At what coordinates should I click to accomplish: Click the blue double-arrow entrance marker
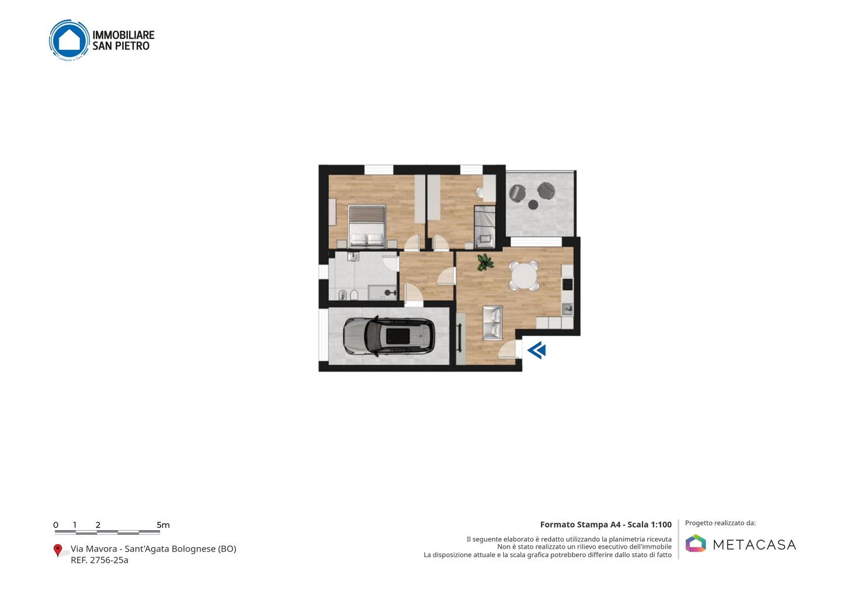pyautogui.click(x=537, y=351)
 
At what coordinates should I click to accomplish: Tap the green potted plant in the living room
pyautogui.click(x=485, y=262)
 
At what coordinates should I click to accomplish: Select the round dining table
pyautogui.click(x=524, y=276)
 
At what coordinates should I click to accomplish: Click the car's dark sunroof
pyautogui.click(x=398, y=336)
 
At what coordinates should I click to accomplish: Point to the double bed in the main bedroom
pyautogui.click(x=367, y=226)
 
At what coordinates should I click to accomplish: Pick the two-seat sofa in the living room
pyautogui.click(x=493, y=323)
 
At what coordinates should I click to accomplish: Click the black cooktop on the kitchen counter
pyautogui.click(x=567, y=284)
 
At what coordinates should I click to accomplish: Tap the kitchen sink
pyautogui.click(x=567, y=309)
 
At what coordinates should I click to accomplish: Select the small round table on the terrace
pyautogui.click(x=533, y=205)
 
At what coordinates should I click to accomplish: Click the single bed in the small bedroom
pyautogui.click(x=485, y=227)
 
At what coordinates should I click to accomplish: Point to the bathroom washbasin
pyautogui.click(x=353, y=256)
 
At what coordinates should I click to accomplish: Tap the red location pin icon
pyautogui.click(x=57, y=551)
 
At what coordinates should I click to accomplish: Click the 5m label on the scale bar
pyautogui.click(x=164, y=525)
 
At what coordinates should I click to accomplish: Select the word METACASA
pyautogui.click(x=755, y=545)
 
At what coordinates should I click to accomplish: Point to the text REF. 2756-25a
pyautogui.click(x=99, y=560)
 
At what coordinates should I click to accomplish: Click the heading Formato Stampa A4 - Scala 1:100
pyautogui.click(x=606, y=524)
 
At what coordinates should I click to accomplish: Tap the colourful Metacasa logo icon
pyautogui.click(x=696, y=543)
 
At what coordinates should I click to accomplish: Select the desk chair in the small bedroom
pyautogui.click(x=479, y=193)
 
